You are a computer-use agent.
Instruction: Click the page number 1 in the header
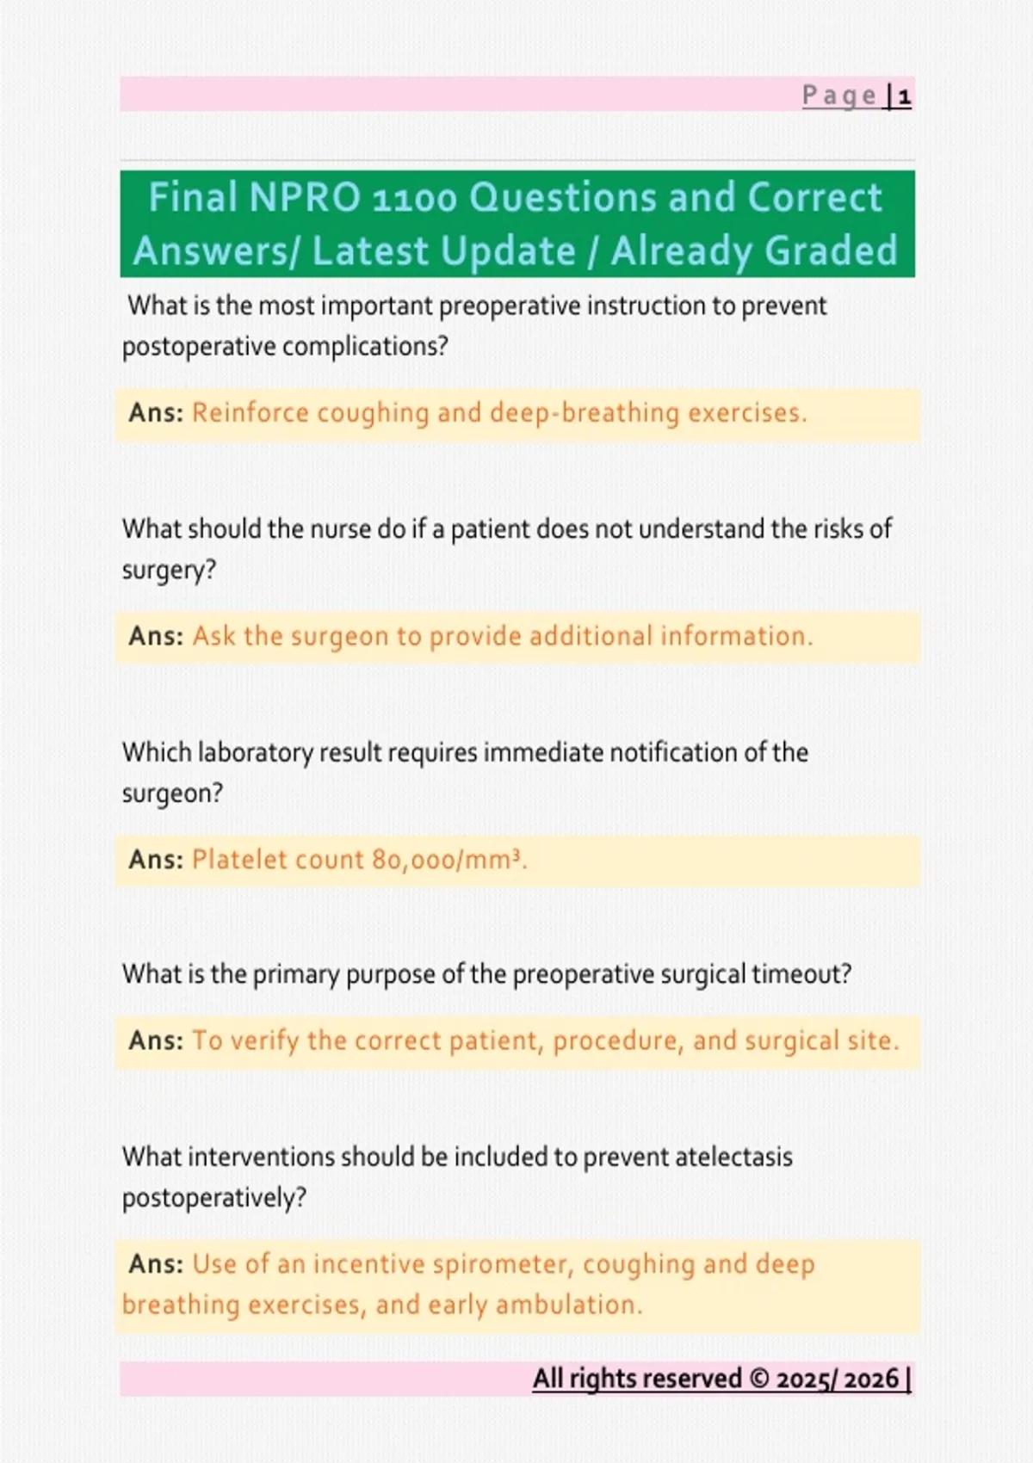[x=904, y=97]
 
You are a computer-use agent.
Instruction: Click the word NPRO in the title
[x=304, y=197]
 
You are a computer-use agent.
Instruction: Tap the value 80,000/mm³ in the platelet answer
[x=448, y=861]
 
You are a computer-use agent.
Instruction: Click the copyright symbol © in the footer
[x=759, y=1379]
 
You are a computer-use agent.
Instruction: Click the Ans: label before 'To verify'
[x=156, y=1040]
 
